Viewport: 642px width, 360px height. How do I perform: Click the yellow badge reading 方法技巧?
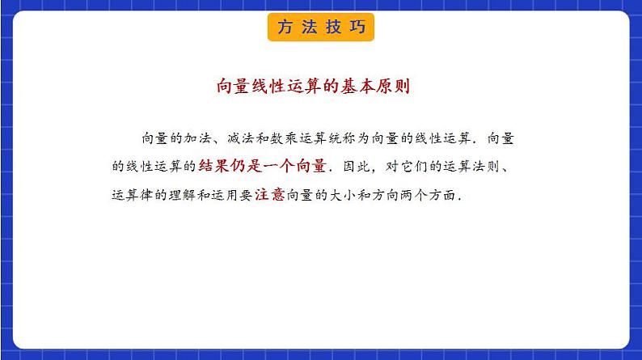point(320,27)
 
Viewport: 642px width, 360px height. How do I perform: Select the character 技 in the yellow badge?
point(333,27)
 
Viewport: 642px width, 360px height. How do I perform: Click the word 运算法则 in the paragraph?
point(476,167)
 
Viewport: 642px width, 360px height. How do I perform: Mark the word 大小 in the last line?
point(346,195)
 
